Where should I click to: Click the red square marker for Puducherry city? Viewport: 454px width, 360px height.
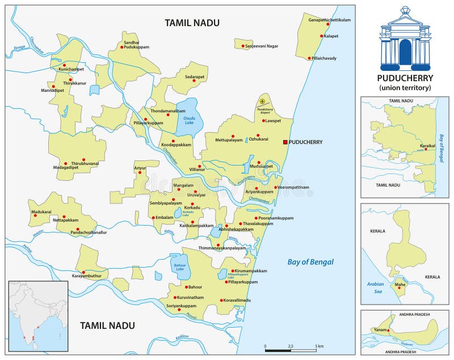pyautogui.click(x=285, y=142)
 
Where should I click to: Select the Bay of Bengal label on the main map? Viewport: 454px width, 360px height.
pyautogui.click(x=310, y=261)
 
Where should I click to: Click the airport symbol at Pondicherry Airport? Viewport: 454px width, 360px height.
pyautogui.click(x=262, y=101)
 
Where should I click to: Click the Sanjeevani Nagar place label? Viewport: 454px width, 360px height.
pyautogui.click(x=262, y=46)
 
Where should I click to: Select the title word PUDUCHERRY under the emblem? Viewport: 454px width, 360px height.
pyautogui.click(x=405, y=78)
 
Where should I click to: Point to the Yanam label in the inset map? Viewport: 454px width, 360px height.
pyautogui.click(x=379, y=330)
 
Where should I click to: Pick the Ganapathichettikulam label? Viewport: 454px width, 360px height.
pyautogui.click(x=330, y=20)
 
